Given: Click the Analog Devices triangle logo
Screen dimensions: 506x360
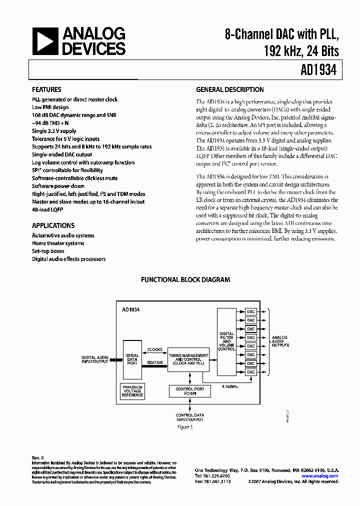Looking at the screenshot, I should coord(45,41).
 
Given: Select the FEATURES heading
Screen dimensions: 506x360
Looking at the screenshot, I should coord(46,90).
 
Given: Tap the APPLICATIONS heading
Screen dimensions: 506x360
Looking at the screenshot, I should coord(53,225).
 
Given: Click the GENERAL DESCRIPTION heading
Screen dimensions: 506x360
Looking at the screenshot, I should coord(229,90).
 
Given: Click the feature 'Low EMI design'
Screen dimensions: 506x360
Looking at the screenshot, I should coord(50,107).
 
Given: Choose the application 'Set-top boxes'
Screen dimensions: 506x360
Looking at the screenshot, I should coord(48,251).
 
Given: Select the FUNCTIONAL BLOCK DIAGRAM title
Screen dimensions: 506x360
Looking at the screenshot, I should coord(185,280).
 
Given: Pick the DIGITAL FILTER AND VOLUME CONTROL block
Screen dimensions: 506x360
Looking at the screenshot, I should coord(226,341).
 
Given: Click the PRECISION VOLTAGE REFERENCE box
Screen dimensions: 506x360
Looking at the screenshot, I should coord(132,390).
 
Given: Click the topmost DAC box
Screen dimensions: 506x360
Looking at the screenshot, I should coord(250,311).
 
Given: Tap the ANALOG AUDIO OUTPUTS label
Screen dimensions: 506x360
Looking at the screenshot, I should coord(279,341).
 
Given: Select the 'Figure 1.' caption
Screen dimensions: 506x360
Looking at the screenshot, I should coord(185,427).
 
